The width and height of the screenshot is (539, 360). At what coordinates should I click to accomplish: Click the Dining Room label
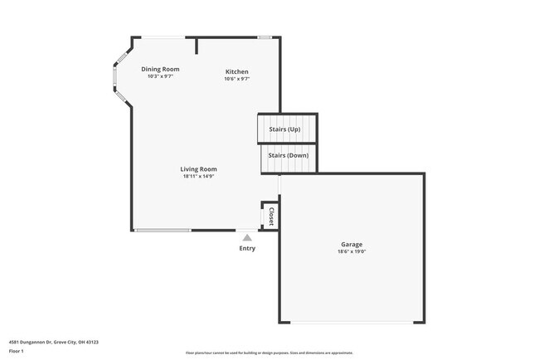[160, 69]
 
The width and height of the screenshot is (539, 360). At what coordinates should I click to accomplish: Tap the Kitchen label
[237, 72]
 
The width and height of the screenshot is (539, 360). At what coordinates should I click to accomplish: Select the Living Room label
[199, 169]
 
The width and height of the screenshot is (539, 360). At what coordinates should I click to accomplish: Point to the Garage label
[352, 244]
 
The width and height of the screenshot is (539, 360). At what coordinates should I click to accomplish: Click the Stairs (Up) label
[284, 130]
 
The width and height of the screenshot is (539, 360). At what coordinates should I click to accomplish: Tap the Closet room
[270, 216]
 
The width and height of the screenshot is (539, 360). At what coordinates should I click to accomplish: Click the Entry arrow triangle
[247, 238]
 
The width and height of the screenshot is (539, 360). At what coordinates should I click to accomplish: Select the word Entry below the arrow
[247, 248]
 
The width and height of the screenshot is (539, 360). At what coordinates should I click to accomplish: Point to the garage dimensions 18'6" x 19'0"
[352, 251]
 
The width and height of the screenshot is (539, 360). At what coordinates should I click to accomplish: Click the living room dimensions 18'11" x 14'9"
[199, 176]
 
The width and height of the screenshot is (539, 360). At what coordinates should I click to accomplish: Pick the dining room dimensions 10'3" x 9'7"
[160, 76]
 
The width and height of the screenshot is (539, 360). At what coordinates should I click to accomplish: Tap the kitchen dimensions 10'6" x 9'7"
[237, 79]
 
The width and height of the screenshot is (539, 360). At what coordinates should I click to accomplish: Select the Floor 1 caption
[17, 351]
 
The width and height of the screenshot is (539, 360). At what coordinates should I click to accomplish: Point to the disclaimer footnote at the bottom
[269, 353]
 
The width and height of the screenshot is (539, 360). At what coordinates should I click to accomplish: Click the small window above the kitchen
[265, 36]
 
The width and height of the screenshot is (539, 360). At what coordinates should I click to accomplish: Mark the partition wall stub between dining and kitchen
[197, 46]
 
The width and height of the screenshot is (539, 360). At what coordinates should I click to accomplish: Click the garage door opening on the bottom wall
[352, 323]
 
